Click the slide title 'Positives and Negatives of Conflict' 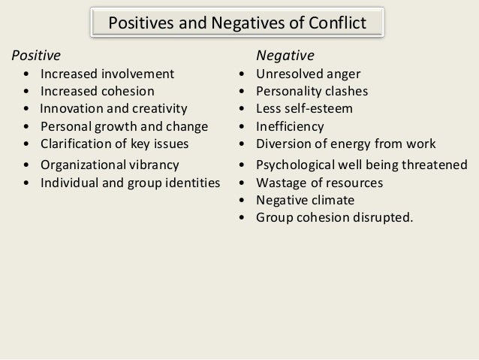coord(238,23)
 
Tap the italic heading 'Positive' coord(35,56)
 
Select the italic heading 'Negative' coord(285,56)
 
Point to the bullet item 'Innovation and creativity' coord(113,108)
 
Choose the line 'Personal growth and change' coord(123,126)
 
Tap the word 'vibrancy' coord(154,165)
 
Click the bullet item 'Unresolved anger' coord(308,74)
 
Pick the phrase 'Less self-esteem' coord(304,108)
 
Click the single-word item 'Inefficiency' coord(290,126)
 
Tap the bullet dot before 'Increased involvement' coord(28,74)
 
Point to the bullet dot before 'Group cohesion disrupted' coord(242,219)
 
